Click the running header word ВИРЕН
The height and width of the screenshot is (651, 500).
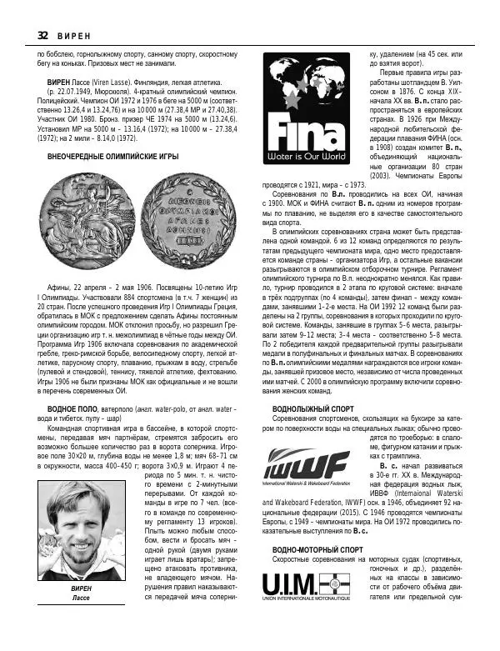[72, 35]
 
